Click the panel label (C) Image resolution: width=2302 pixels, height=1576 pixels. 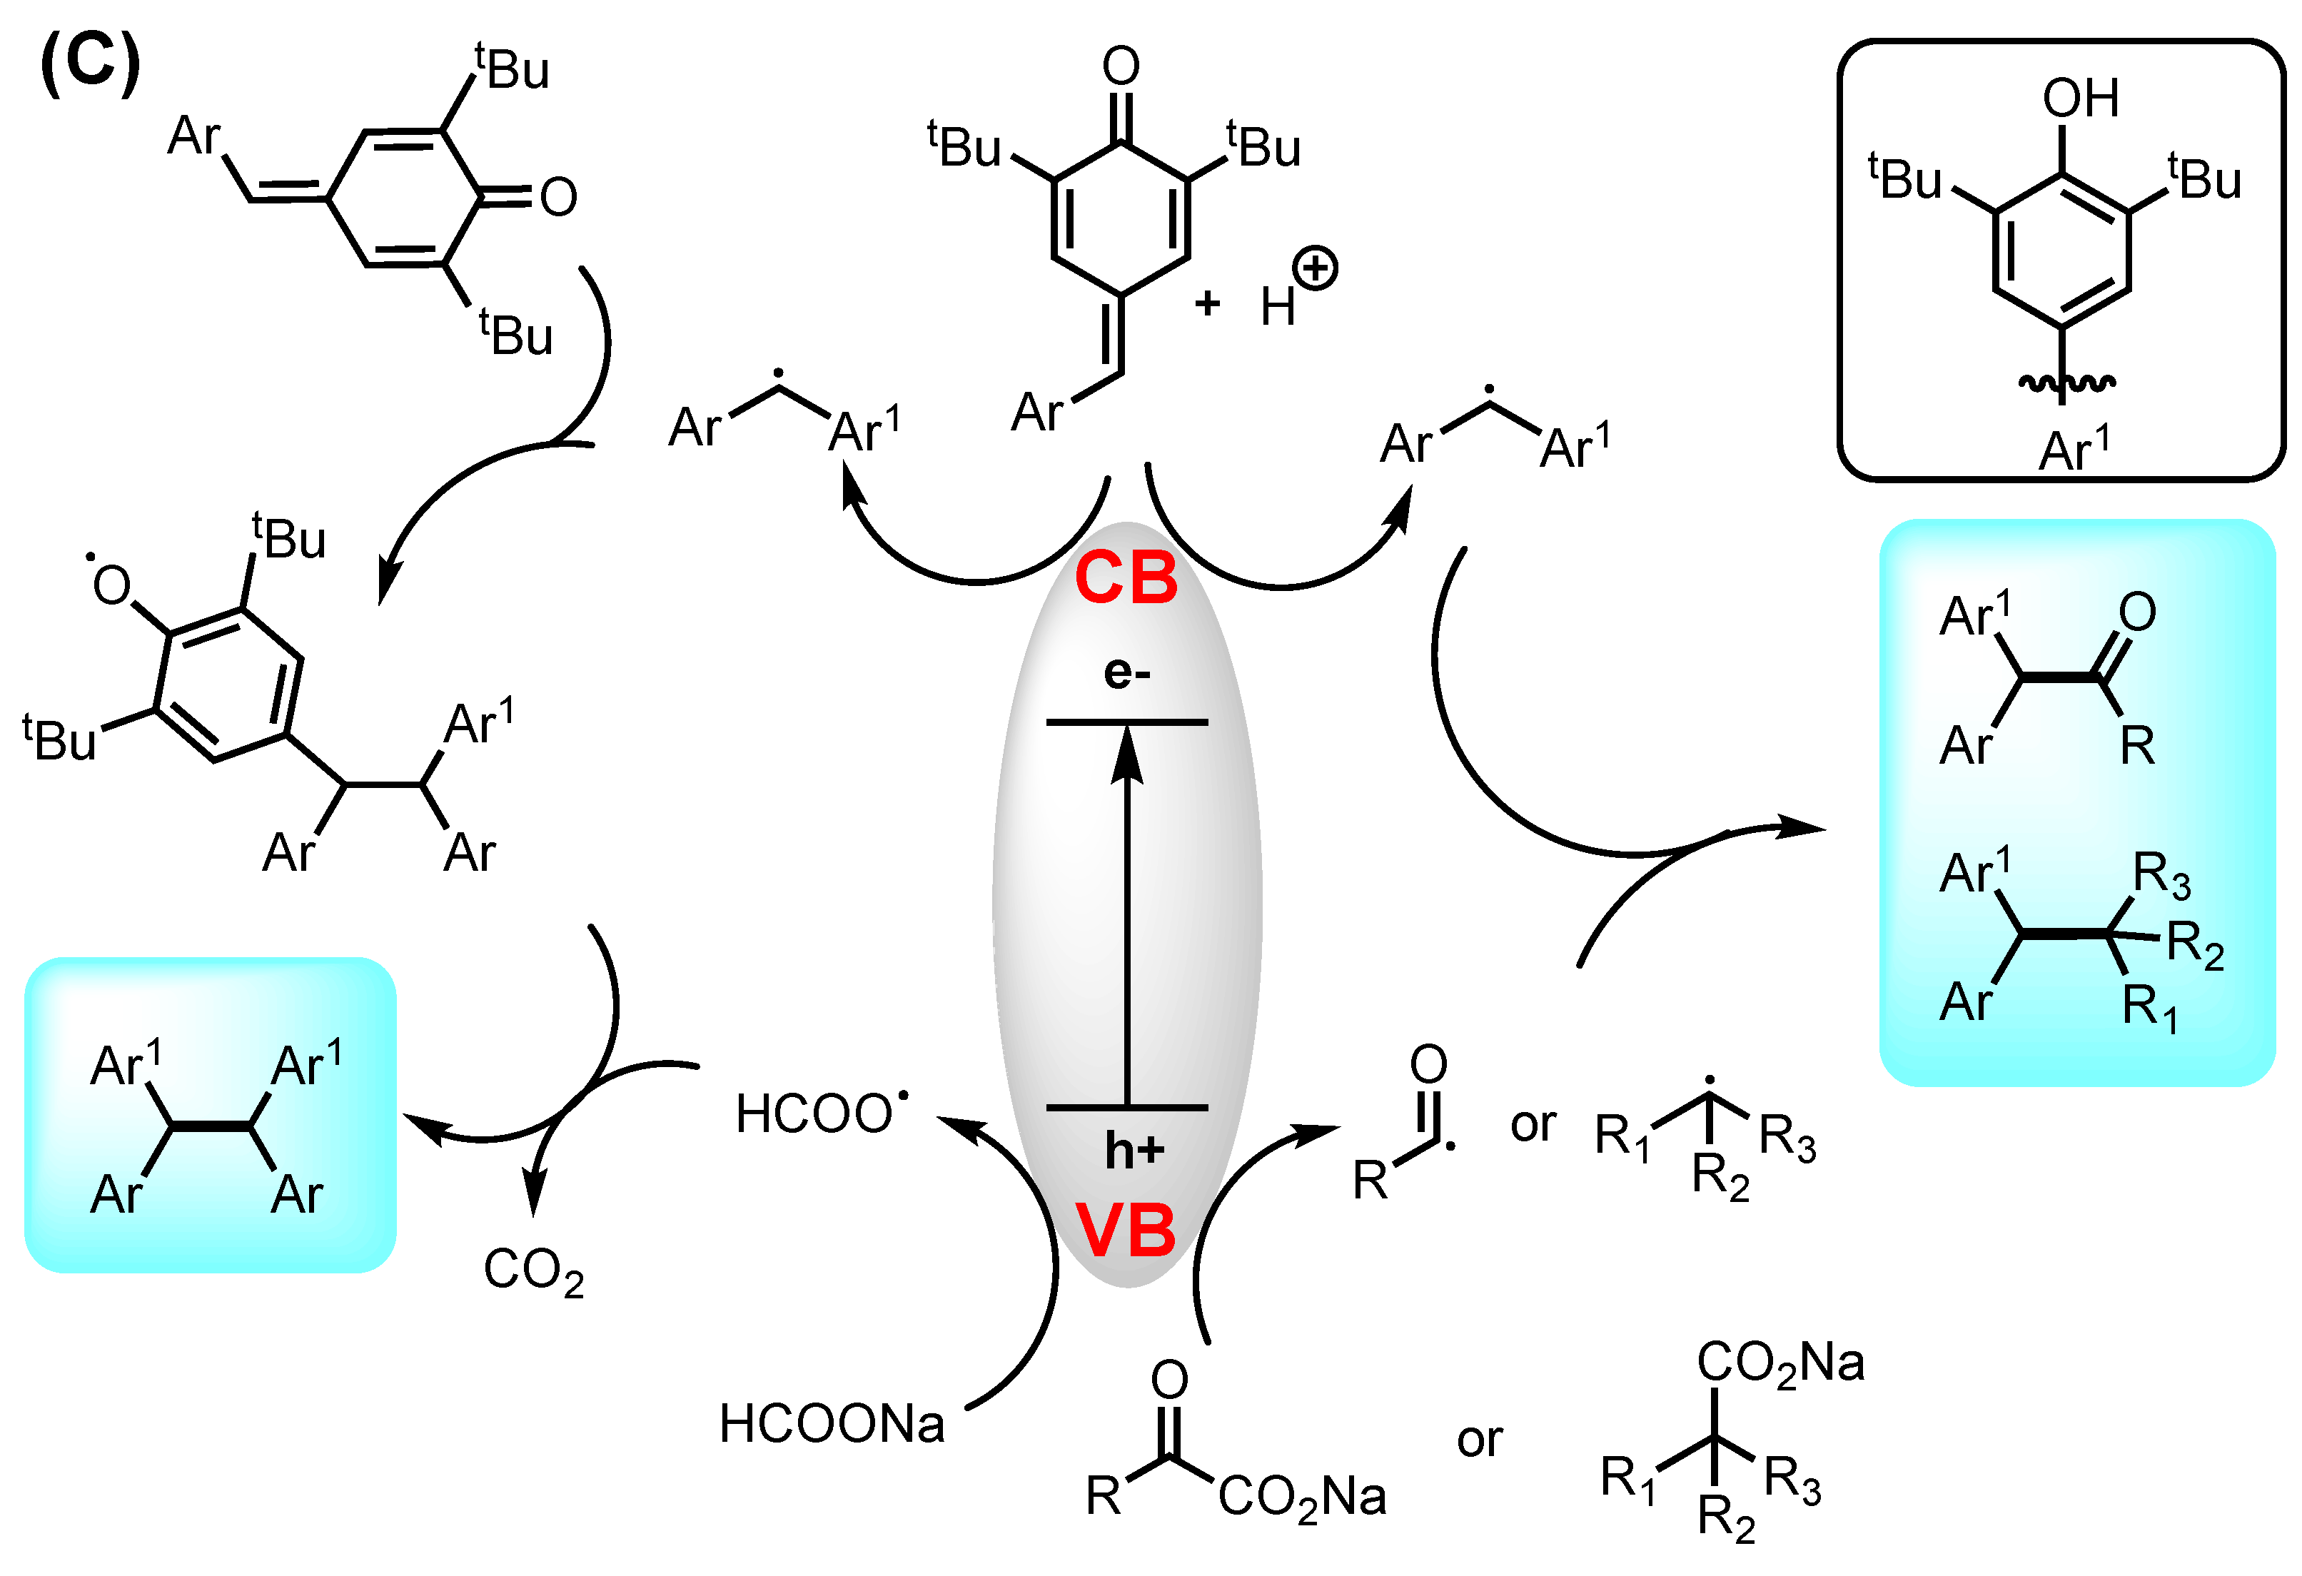click(x=90, y=61)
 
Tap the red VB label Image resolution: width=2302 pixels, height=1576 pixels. click(x=1126, y=1231)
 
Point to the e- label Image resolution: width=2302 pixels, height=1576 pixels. click(x=1127, y=672)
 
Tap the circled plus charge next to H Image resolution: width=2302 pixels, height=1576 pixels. click(x=1316, y=268)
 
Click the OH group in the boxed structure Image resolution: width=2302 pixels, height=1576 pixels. click(x=2080, y=98)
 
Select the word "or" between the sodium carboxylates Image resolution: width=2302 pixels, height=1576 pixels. click(x=1479, y=1439)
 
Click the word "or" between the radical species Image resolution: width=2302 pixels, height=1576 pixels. click(x=1533, y=1124)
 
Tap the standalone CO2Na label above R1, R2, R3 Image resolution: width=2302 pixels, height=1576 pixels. click(x=1780, y=1362)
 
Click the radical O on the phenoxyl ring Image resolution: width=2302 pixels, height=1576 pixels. click(x=110, y=585)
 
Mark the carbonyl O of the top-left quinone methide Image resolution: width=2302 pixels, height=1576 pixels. click(x=559, y=196)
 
